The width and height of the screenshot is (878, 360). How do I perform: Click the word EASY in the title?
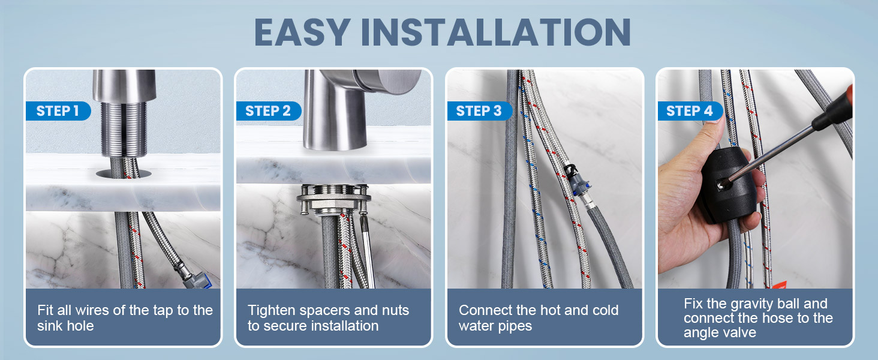click(x=302, y=32)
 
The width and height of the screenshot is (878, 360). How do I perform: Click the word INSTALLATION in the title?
click(x=495, y=32)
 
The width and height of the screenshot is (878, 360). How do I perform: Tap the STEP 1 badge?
click(x=58, y=111)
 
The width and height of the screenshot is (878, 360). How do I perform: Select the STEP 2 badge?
click(x=268, y=111)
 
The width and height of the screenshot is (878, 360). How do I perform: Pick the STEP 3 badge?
click(x=479, y=111)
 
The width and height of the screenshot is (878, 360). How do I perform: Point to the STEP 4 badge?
click(x=690, y=111)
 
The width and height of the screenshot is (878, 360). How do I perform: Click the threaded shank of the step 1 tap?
click(x=124, y=130)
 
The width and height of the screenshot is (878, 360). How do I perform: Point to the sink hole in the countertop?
click(x=124, y=174)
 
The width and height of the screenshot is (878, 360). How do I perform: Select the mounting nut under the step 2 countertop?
click(x=333, y=200)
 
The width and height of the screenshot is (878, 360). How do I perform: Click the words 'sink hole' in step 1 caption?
click(x=65, y=326)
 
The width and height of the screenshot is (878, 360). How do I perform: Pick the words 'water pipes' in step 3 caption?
click(x=495, y=326)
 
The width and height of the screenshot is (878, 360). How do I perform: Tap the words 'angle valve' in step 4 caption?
click(x=720, y=332)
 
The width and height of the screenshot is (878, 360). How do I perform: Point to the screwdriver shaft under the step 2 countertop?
click(x=367, y=251)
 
